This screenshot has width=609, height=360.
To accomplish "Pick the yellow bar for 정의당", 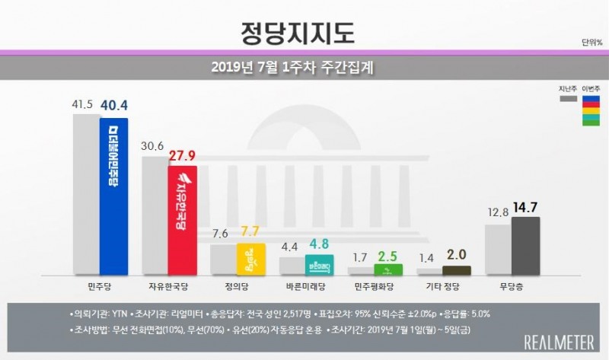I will pyautogui.click(x=250, y=259).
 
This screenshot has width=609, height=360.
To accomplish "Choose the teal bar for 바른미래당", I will pyautogui.click(x=319, y=264).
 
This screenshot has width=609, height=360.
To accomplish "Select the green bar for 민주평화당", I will pyautogui.click(x=387, y=269).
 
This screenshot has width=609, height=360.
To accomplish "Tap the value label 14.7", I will pyautogui.click(x=527, y=205).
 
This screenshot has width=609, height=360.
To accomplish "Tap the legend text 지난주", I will pyautogui.click(x=566, y=88).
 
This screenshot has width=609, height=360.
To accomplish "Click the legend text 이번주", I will pyautogui.click(x=590, y=88).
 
